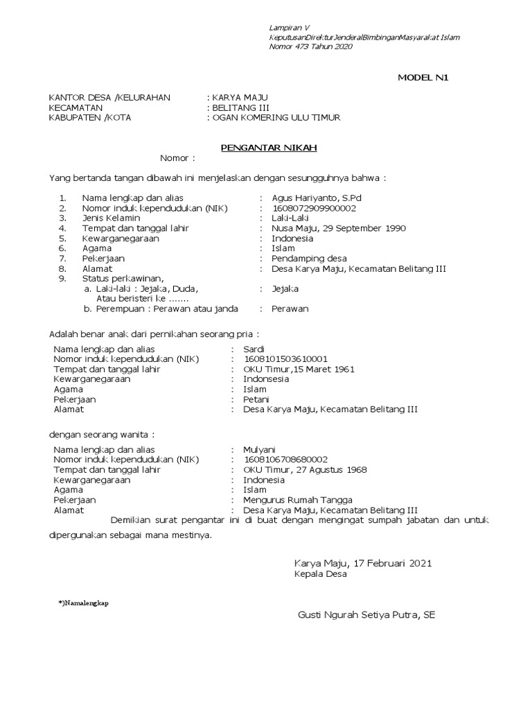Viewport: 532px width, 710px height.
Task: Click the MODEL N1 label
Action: coord(423,77)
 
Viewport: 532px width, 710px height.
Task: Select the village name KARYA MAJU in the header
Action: coord(240,97)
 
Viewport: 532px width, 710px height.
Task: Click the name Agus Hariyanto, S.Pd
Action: coord(317,198)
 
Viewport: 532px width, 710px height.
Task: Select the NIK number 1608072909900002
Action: coord(314,208)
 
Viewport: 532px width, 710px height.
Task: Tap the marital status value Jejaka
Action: coord(285,288)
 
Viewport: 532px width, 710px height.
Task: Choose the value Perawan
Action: coord(290,309)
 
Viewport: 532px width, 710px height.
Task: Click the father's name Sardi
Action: coord(254,349)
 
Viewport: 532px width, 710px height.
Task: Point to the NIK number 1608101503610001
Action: coord(285,359)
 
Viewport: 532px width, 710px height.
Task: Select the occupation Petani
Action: coord(256,399)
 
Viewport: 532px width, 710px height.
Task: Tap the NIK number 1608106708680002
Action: coord(285,460)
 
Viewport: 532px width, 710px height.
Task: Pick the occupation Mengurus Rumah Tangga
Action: coord(298,500)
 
